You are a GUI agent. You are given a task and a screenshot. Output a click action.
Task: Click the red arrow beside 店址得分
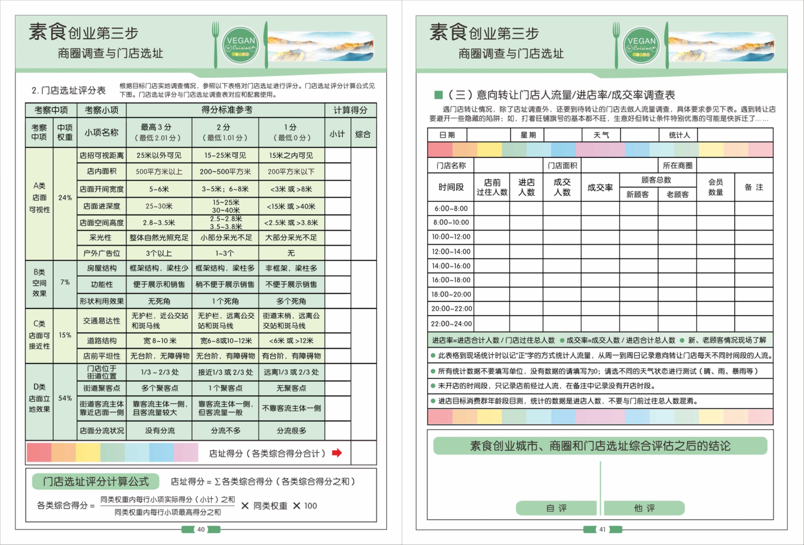[x=337, y=453]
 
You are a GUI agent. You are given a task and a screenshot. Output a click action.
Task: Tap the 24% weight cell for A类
[x=65, y=198]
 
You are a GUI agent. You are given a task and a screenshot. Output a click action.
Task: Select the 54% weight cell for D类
[x=65, y=398]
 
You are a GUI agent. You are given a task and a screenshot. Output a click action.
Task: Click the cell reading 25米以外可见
[x=159, y=155]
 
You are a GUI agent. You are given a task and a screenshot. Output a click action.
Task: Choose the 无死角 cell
[x=159, y=301]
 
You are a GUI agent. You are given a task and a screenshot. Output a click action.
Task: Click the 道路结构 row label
[x=101, y=341]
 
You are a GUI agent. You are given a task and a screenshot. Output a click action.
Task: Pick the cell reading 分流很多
[x=291, y=431]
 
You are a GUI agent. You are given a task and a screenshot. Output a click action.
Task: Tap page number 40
[x=201, y=529]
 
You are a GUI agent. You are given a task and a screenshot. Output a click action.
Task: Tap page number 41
[x=602, y=529]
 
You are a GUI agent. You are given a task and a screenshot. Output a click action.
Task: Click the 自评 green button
[x=556, y=508]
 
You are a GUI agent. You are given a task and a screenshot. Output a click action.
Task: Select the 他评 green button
[x=644, y=508]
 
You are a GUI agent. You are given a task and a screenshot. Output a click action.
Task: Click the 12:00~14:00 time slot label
[x=451, y=252]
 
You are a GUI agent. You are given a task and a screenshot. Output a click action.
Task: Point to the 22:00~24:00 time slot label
[x=451, y=324]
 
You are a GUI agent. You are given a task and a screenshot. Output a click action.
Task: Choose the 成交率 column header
[x=600, y=187]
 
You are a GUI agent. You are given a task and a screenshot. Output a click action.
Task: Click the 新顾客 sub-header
[x=637, y=195]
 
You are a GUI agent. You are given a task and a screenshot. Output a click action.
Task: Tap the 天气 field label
[x=601, y=135]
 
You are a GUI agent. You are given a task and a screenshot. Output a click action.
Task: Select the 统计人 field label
[x=679, y=135]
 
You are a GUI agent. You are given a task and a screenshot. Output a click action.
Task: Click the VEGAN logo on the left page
[x=241, y=45]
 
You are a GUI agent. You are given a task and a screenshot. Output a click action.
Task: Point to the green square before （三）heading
[x=438, y=95]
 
